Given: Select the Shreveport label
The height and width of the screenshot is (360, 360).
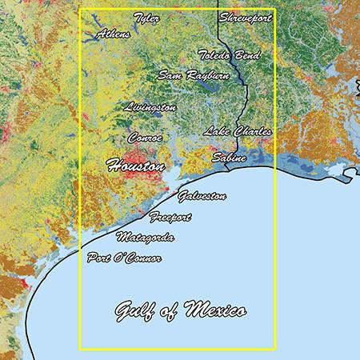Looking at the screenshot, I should pos(245,18).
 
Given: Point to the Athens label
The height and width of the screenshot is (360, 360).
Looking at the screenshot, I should pos(113,34).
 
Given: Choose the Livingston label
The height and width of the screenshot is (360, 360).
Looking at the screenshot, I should pos(151,106).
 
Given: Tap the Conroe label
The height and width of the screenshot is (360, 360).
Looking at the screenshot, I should pos(145,138).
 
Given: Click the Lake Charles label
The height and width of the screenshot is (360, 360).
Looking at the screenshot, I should pos(237,130).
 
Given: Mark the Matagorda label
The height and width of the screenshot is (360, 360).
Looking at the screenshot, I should pos(145,238).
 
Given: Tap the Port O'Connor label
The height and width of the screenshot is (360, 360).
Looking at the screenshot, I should pos(124,258).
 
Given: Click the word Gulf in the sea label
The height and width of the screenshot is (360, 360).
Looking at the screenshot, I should pos(134,308).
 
